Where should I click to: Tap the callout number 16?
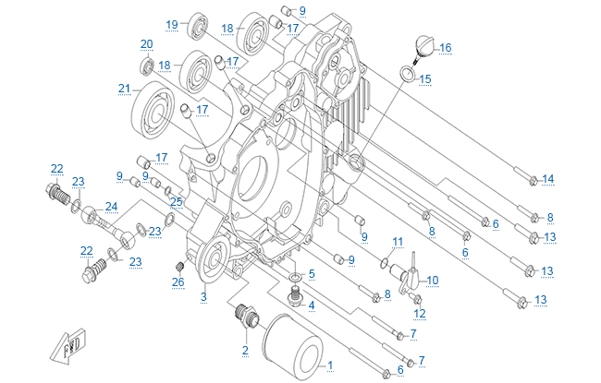[x=446, y=47]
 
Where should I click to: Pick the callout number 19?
[x=172, y=24]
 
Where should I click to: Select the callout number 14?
[x=548, y=178]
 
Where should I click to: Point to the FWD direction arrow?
[x=70, y=343]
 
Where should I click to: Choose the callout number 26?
[x=178, y=281]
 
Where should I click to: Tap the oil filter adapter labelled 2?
[x=247, y=318]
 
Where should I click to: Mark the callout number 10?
[x=432, y=280]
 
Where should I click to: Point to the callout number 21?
[x=123, y=89]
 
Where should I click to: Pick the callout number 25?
[x=176, y=201]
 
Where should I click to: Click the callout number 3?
[x=202, y=296]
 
